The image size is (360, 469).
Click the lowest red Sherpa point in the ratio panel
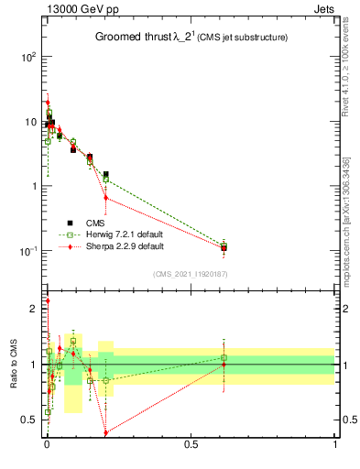click(x=106, y=432)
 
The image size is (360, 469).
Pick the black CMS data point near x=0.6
click(x=224, y=247)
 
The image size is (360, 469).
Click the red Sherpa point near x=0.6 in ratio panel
click(x=224, y=365)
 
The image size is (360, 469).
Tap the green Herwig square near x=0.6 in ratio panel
click(x=224, y=357)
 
